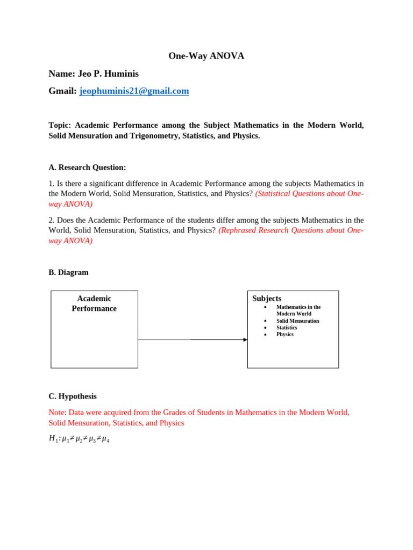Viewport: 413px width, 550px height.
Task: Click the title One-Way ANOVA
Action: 206,56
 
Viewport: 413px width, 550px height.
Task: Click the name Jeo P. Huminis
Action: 94,74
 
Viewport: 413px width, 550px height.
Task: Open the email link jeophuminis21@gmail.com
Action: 134,91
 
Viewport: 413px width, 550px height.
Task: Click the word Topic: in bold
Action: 60,125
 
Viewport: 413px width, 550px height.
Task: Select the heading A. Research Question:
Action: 87,168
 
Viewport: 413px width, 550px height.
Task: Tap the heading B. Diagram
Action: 68,272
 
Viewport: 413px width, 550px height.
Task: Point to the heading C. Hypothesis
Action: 73,396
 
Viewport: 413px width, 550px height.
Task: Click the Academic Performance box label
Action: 94,303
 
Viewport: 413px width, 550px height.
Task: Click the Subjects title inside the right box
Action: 267,299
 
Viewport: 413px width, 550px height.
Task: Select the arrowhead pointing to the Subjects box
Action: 245,339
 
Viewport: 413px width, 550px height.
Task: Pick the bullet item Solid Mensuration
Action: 297,321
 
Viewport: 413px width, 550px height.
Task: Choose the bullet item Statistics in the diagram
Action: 287,328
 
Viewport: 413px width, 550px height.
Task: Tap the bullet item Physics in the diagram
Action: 285,334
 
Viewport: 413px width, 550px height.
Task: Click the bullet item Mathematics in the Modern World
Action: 298,310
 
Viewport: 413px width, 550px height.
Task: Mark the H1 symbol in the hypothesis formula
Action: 53,438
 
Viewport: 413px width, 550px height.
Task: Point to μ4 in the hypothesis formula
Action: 105,439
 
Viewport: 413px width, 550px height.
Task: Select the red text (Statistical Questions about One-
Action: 309,193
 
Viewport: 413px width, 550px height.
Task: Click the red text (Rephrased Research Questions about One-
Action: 290,230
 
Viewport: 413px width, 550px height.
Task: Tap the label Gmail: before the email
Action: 62,91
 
